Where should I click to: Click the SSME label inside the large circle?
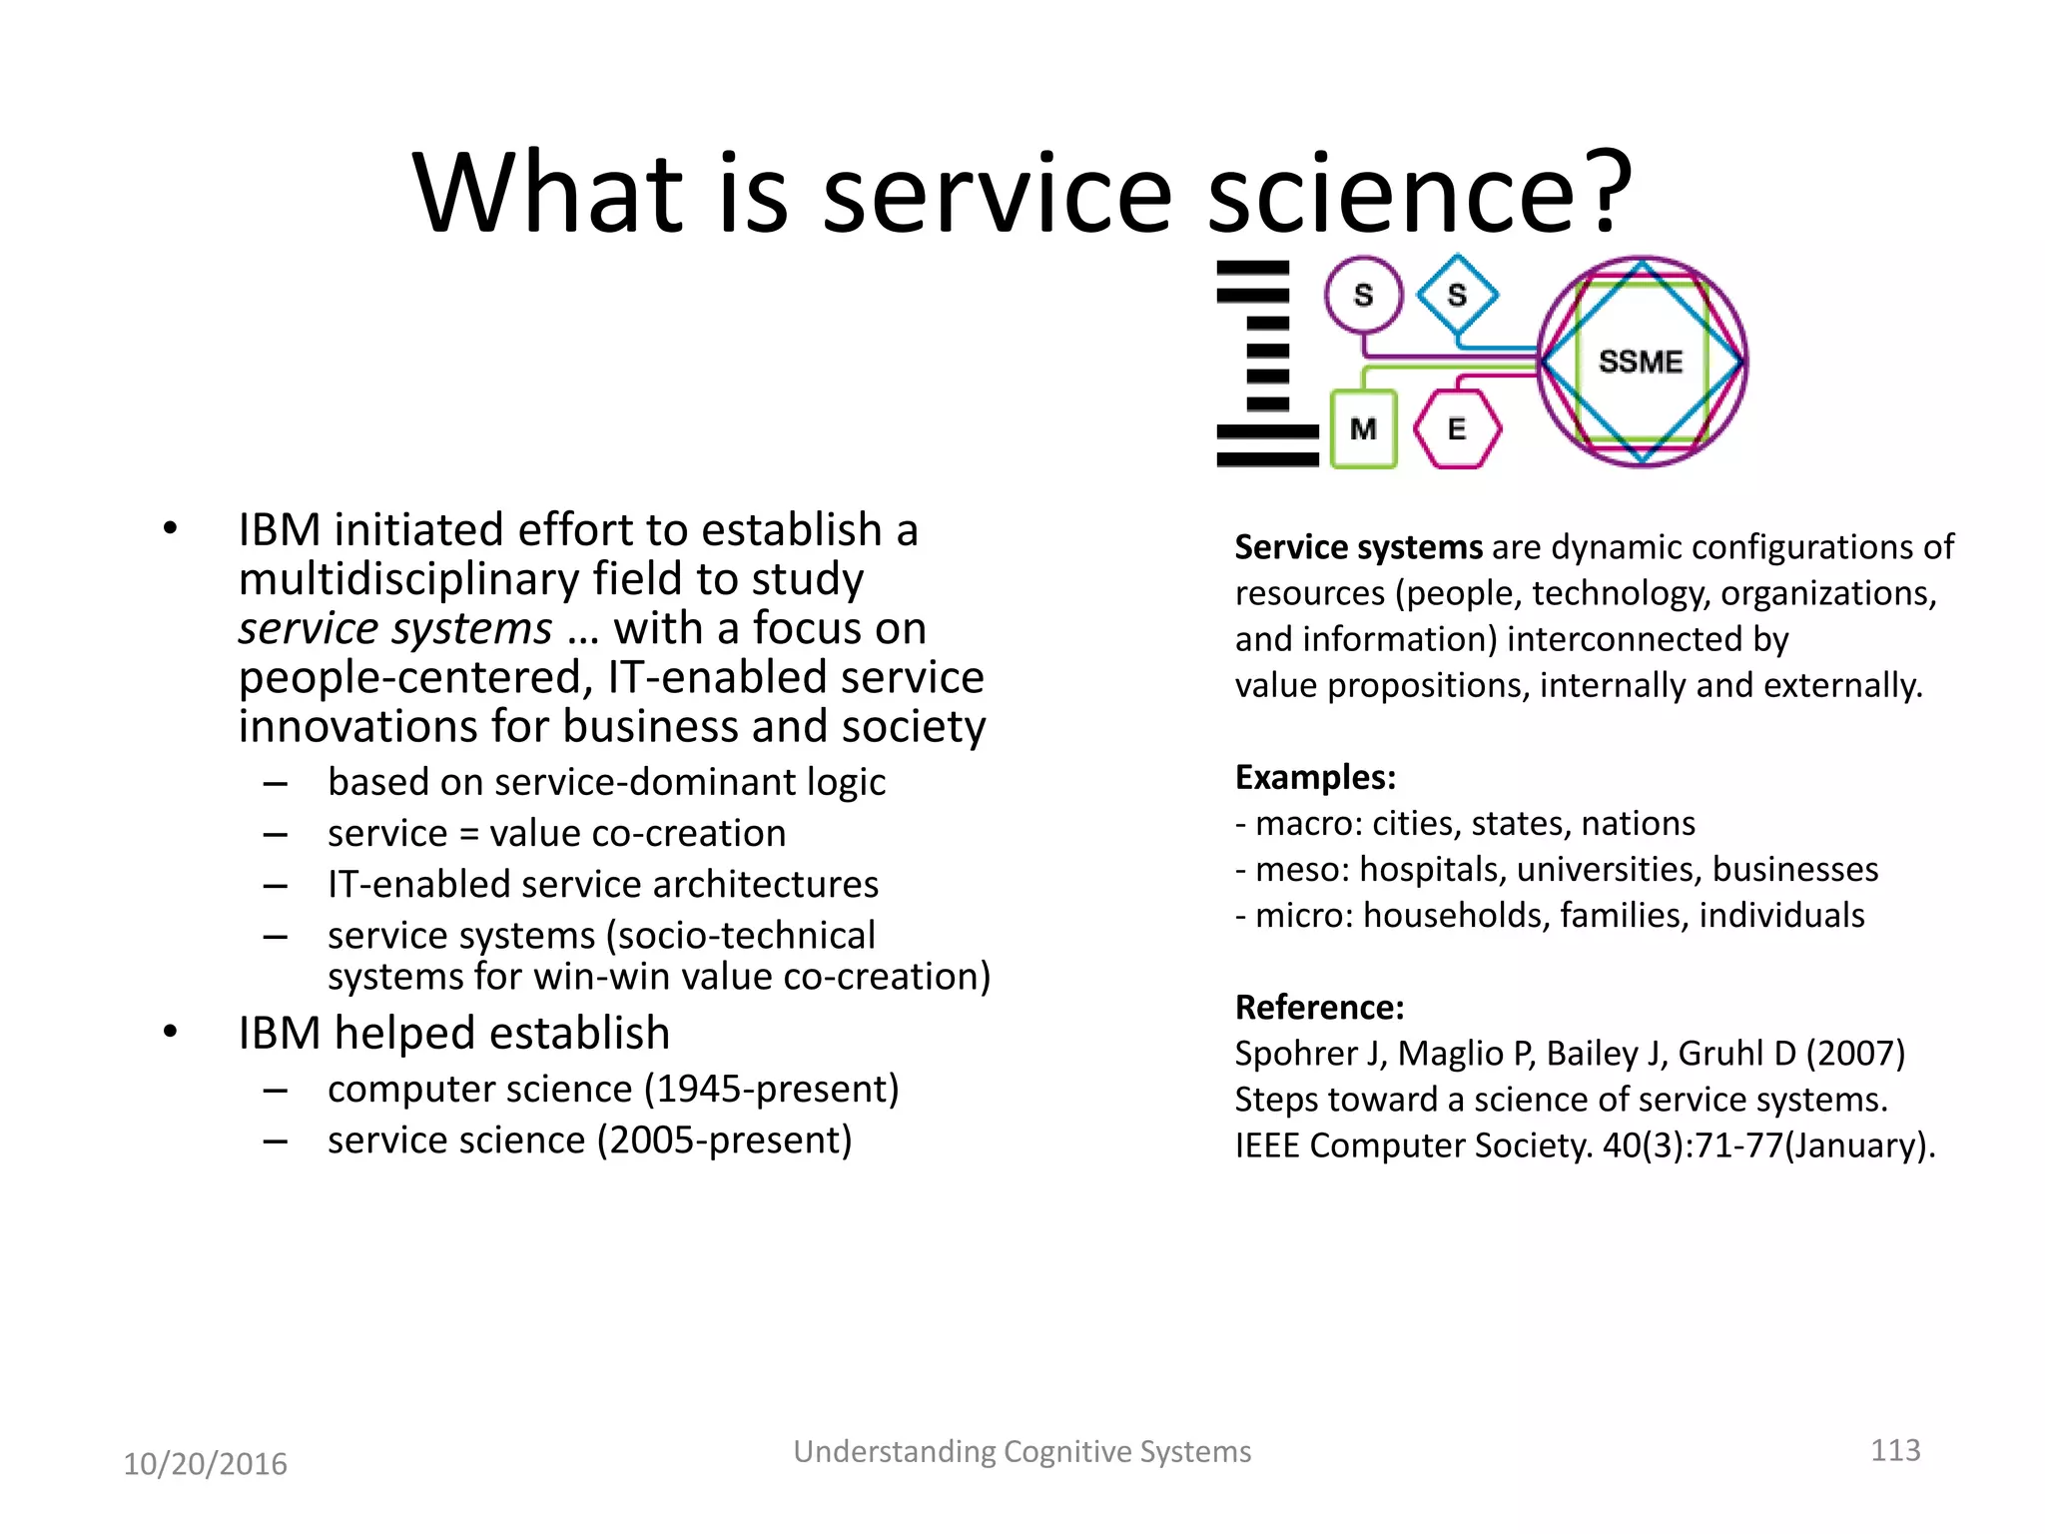[x=1640, y=362]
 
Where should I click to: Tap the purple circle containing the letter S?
[x=1363, y=295]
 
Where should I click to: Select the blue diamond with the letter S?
[x=1457, y=295]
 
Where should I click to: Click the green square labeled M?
[x=1363, y=429]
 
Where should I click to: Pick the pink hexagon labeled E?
[x=1457, y=429]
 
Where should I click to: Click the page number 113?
[x=1894, y=1450]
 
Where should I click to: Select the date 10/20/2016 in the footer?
[x=205, y=1464]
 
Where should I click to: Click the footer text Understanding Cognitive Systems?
[x=1022, y=1451]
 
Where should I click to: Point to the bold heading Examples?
[x=1315, y=777]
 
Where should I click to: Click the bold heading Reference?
[x=1319, y=1007]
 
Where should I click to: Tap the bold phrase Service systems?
[x=1358, y=547]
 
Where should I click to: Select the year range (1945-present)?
[x=771, y=1089]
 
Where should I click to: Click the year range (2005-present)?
[x=725, y=1140]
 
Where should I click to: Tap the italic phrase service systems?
[x=394, y=629]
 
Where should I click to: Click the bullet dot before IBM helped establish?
[x=170, y=1032]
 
